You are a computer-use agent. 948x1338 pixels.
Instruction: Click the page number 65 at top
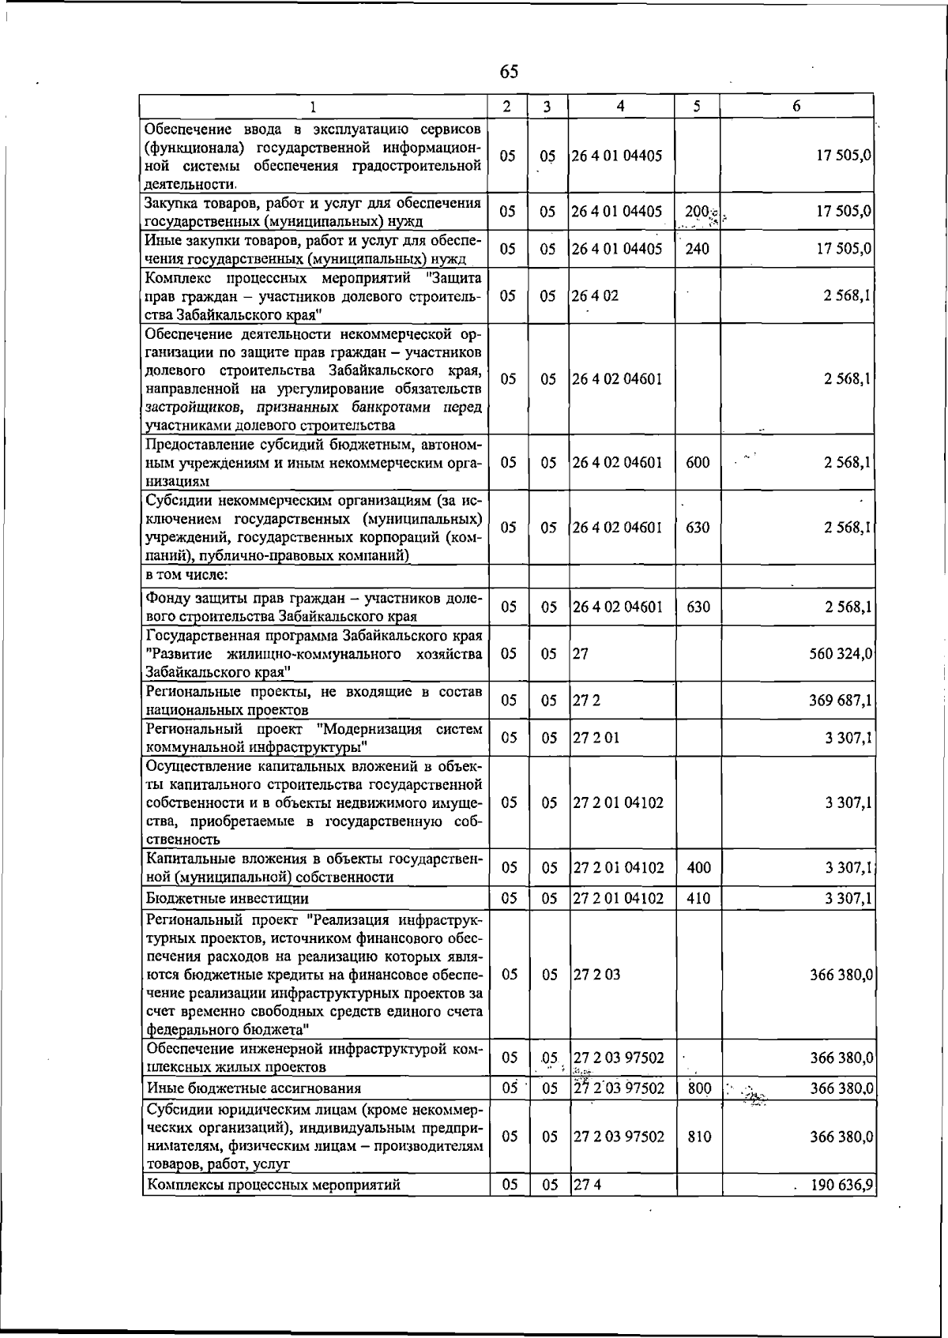coord(510,72)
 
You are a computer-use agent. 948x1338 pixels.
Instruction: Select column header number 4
coord(621,106)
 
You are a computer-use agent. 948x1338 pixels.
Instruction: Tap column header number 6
coord(796,106)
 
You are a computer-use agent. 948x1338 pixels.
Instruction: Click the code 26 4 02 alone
coord(596,296)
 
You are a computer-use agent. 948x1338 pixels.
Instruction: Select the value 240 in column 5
coord(698,250)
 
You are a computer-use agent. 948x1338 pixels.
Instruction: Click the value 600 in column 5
coord(698,463)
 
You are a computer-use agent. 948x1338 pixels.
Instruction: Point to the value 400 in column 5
coord(699,868)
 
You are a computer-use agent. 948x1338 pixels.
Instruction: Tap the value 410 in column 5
coord(699,899)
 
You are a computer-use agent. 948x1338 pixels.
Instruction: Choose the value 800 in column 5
coord(699,1088)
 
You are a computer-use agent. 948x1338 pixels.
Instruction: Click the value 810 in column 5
coord(699,1137)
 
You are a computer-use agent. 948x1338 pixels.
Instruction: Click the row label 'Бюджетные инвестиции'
coord(228,899)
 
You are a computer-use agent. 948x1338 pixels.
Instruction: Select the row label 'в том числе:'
coord(187,574)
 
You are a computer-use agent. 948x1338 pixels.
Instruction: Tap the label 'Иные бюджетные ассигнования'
coord(254,1088)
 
